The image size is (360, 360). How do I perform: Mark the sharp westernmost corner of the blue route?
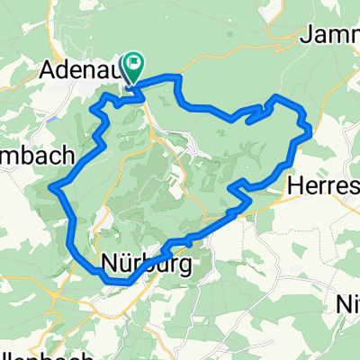(53, 188)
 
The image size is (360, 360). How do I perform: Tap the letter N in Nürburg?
(109, 265)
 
